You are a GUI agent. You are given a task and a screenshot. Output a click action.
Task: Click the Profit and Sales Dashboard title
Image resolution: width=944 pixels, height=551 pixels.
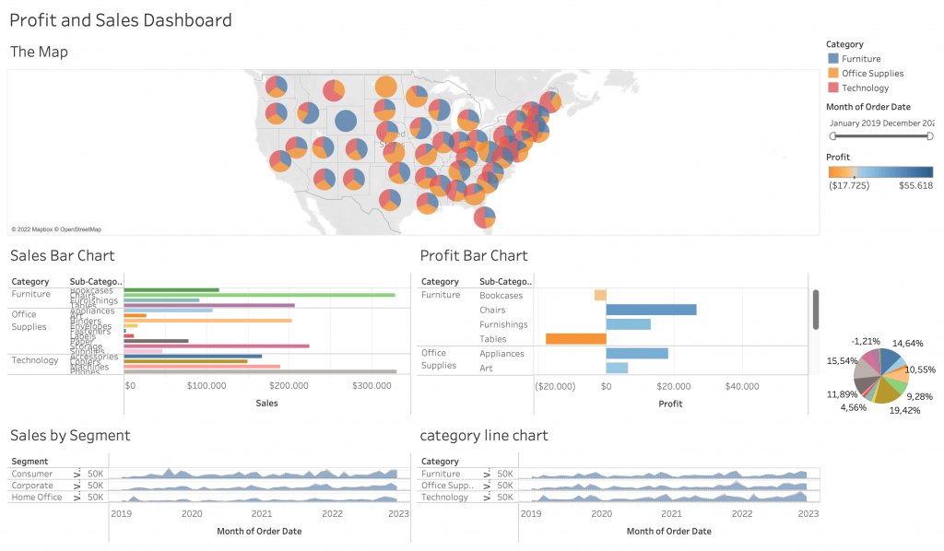coord(121,19)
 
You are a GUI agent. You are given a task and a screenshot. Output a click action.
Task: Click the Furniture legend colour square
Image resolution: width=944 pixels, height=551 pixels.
coord(832,59)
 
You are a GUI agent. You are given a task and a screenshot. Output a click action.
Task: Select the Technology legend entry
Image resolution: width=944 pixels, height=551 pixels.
coord(865,88)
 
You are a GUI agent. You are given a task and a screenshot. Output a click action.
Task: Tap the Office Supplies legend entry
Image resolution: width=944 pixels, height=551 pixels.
coord(872,74)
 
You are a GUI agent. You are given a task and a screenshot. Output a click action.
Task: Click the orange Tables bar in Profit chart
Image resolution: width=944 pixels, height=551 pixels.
coord(576,339)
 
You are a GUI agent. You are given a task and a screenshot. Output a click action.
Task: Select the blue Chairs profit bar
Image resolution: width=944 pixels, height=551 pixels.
coord(651,310)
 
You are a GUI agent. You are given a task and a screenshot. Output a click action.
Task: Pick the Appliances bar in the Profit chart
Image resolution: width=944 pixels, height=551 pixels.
coord(637,353)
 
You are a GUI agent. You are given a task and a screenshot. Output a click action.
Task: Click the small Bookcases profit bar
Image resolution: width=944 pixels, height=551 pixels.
coord(600,296)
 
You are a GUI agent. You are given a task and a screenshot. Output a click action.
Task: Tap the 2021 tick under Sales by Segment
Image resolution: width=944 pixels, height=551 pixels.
coord(262,514)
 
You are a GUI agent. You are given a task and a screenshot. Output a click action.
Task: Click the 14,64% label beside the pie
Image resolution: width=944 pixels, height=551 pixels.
coord(907,343)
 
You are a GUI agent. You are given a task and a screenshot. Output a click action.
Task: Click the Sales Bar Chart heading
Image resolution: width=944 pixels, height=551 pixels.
coord(62,255)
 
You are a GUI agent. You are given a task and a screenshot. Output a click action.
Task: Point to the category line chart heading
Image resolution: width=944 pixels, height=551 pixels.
coord(484,435)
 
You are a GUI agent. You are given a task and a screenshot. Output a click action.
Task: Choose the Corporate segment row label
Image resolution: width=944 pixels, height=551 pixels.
coord(32,486)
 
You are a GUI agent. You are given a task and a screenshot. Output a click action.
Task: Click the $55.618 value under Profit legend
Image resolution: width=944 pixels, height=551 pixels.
coord(915,185)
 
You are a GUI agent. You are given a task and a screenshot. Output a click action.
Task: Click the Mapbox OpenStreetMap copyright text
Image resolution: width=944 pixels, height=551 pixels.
coord(56,229)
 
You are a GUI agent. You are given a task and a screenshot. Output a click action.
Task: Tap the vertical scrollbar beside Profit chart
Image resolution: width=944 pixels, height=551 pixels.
coord(815,310)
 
